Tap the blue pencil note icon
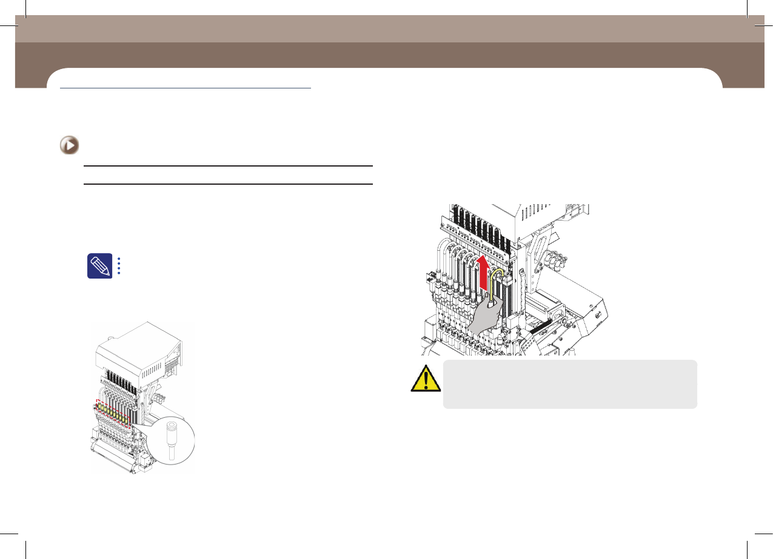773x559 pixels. click(x=99, y=265)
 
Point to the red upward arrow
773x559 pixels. click(x=483, y=272)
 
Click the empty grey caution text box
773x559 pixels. click(x=570, y=384)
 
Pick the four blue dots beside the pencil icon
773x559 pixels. click(x=119, y=265)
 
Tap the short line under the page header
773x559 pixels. click(x=186, y=88)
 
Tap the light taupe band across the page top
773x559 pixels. click(x=388, y=28)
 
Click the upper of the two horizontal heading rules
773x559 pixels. click(x=227, y=166)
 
